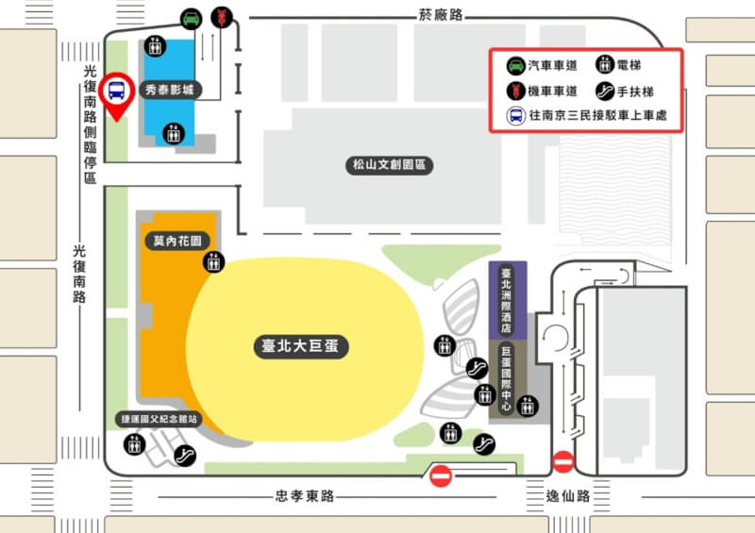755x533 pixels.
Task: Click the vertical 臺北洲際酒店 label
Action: (506, 300)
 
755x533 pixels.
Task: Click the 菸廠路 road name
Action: (442, 16)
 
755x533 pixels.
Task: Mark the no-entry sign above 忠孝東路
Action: (441, 476)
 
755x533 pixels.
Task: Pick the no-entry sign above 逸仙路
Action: (562, 461)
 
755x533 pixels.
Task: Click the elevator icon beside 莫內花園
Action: (214, 261)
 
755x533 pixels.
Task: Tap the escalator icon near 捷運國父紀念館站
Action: (185, 455)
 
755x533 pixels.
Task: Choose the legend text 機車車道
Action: (550, 92)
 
